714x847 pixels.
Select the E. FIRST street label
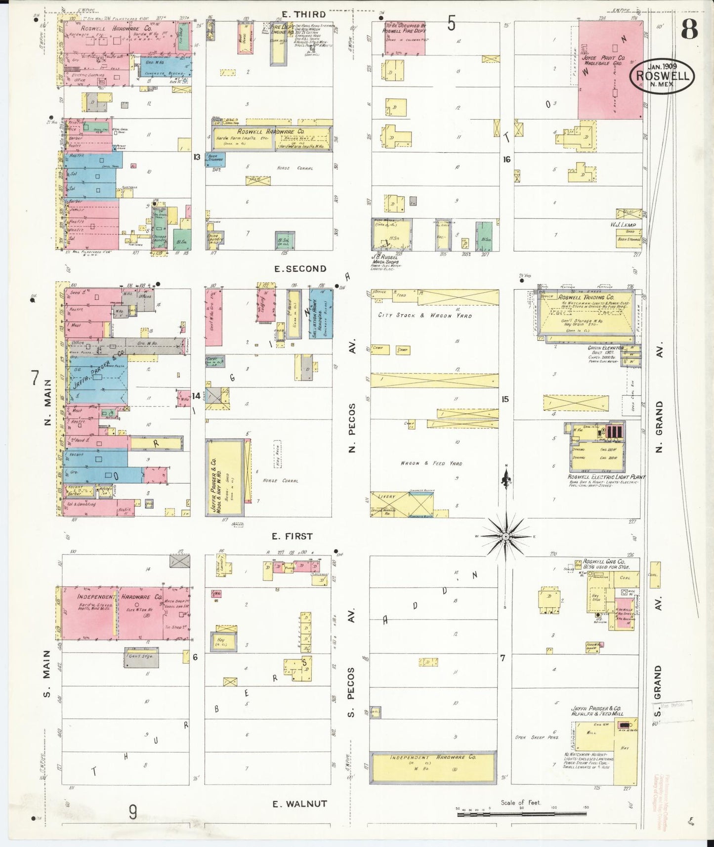[x=292, y=536]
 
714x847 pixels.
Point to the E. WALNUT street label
[x=299, y=804]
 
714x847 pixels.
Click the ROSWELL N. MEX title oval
[x=662, y=77]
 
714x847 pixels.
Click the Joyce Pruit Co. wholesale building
[x=610, y=69]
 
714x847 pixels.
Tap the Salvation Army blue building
[x=321, y=313]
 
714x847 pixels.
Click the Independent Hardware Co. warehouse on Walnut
[x=433, y=767]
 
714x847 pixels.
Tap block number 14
[x=197, y=396]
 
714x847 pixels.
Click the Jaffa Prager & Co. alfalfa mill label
[x=598, y=710]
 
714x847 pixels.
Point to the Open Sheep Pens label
[x=536, y=737]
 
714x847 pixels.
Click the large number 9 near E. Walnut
[x=132, y=812]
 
